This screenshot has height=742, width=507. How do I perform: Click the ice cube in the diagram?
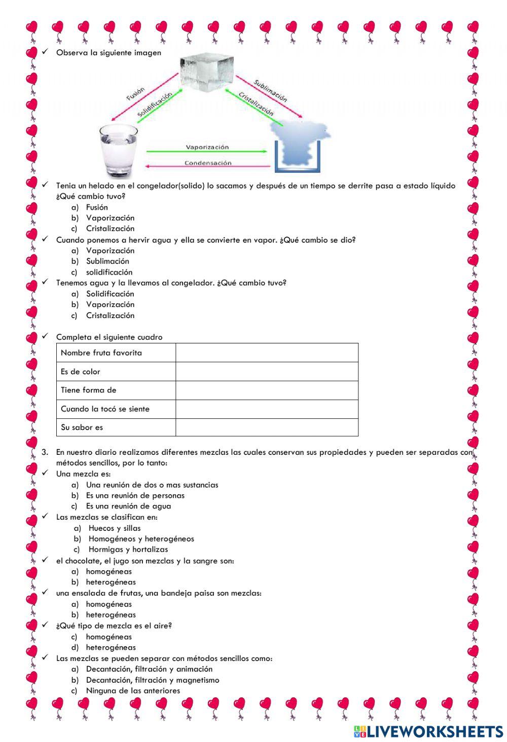[207, 73]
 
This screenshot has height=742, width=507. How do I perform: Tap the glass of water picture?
[118, 150]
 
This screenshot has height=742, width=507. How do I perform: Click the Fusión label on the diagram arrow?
[135, 93]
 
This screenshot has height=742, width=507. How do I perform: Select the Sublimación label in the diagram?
[271, 90]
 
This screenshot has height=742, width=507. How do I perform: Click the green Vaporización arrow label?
[207, 147]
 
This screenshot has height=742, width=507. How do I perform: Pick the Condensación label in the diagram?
[207, 163]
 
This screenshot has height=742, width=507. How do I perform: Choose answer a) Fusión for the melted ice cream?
[96, 207]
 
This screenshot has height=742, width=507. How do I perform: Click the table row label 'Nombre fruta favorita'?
[101, 353]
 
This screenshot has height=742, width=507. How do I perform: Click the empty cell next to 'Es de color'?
[267, 371]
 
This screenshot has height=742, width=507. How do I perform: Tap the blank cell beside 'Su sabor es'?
[267, 427]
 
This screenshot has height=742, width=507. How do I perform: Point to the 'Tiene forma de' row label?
[89, 390]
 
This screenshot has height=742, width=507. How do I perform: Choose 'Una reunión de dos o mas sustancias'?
[152, 485]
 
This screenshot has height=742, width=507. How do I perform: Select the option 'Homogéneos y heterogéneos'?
[141, 539]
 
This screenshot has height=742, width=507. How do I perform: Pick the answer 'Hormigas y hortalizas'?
[128, 550]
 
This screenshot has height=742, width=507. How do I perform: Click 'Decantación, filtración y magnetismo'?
[153, 680]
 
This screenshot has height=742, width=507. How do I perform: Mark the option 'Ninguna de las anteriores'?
[133, 691]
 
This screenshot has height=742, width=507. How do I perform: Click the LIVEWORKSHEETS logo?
[428, 731]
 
